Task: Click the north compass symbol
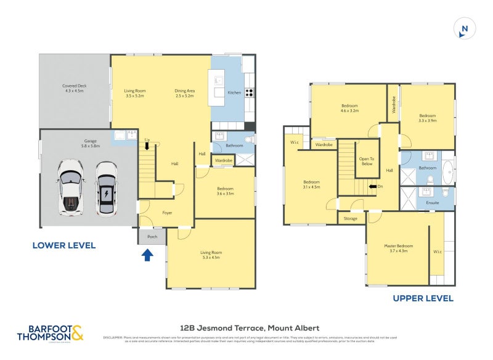(x=465, y=29)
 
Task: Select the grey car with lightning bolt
(x=106, y=188)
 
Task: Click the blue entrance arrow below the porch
(x=148, y=254)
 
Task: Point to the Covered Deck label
(x=74, y=89)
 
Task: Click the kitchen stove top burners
(x=250, y=92)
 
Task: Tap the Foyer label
(x=167, y=213)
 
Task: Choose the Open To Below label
(x=366, y=162)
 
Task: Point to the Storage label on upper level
(x=351, y=218)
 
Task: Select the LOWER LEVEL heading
(x=64, y=245)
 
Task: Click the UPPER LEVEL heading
(x=423, y=298)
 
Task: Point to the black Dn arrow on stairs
(x=372, y=186)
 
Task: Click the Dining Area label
(x=184, y=93)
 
